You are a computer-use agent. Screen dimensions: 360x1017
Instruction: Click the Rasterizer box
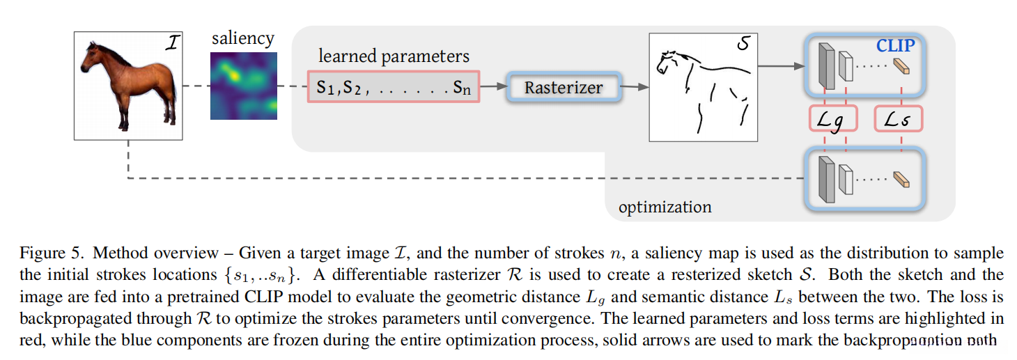click(563, 88)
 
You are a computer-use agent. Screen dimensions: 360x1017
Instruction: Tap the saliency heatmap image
click(243, 85)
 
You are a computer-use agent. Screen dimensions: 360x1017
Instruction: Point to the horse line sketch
click(703, 87)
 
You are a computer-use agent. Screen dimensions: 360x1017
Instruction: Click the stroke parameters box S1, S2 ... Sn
click(393, 87)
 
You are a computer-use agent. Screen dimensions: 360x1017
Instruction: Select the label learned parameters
click(394, 56)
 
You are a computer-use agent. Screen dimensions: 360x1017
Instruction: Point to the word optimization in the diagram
click(665, 208)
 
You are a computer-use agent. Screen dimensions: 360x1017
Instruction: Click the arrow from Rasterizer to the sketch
click(635, 87)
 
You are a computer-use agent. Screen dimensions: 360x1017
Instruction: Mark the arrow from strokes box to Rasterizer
click(493, 87)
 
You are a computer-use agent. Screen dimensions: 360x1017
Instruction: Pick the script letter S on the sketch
click(743, 45)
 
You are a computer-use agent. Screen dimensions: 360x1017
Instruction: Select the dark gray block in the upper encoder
click(826, 66)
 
